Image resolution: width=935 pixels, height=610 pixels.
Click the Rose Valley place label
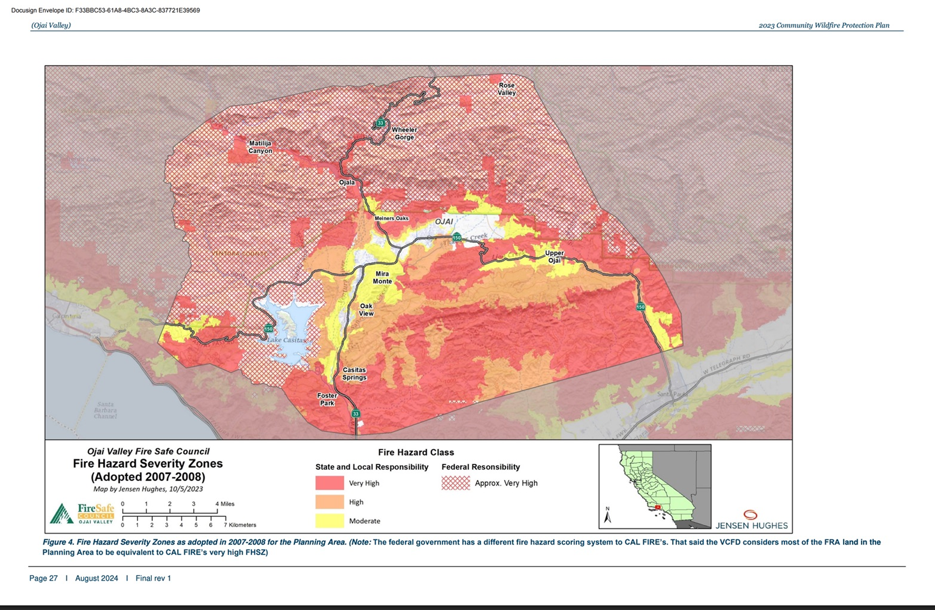tap(506, 89)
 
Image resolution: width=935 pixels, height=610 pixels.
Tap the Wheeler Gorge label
tap(404, 133)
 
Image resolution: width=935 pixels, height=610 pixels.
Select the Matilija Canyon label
tap(260, 147)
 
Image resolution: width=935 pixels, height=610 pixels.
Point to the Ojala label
tap(347, 182)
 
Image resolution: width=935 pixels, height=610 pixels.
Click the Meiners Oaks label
tap(391, 218)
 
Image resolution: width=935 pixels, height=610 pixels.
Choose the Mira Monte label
tap(382, 278)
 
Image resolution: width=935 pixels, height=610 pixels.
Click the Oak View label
tap(366, 309)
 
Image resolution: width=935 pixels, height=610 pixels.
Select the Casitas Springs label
tap(354, 373)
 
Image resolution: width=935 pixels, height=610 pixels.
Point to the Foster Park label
tap(327, 399)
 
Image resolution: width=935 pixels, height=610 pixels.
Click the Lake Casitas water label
tap(286, 340)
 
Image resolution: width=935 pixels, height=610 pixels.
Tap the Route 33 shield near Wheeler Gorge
tap(380, 123)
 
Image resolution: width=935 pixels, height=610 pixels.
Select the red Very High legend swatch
tap(329, 483)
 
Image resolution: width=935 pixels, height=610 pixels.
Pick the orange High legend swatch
tap(329, 502)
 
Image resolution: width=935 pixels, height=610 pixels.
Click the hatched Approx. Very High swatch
tap(455, 483)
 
